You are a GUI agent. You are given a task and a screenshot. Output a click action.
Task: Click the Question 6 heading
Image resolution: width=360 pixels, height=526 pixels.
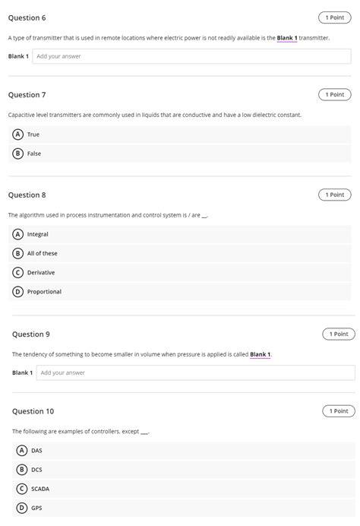point(27,17)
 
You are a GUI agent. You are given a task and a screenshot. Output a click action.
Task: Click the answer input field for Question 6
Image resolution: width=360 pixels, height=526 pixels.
point(193,56)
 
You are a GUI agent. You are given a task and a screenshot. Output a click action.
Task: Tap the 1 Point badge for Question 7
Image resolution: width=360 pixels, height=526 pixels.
point(334,95)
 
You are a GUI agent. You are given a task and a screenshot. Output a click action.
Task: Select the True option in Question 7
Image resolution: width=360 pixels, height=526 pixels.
point(33,135)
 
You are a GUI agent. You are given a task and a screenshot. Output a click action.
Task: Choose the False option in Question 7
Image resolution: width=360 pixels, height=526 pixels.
point(33,154)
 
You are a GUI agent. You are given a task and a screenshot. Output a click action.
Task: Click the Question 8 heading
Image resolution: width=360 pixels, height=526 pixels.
point(27,195)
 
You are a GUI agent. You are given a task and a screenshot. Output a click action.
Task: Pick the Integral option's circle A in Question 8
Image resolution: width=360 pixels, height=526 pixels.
point(18,235)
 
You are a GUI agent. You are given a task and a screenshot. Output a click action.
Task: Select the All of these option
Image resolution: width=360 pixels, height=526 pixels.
point(42,254)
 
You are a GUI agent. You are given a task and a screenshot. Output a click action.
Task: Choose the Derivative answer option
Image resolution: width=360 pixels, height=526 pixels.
point(40,273)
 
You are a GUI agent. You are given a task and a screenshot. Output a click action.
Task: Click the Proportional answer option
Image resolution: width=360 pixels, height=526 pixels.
point(44,292)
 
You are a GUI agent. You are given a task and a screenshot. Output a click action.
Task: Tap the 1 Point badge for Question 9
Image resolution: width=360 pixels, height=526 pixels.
point(339,334)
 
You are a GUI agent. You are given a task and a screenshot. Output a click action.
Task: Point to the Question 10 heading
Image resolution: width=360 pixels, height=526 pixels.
point(33,411)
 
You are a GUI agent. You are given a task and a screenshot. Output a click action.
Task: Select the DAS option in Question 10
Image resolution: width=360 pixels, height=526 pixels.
point(36,451)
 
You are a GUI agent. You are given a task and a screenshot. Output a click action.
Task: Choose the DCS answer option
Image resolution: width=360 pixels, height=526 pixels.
point(36,470)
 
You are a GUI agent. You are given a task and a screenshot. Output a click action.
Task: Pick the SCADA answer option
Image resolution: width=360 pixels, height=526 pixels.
point(39,489)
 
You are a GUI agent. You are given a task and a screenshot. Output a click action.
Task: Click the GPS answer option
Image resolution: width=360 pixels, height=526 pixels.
point(36,508)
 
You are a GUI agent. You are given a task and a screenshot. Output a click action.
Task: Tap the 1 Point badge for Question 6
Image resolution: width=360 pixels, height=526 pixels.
point(334,17)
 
